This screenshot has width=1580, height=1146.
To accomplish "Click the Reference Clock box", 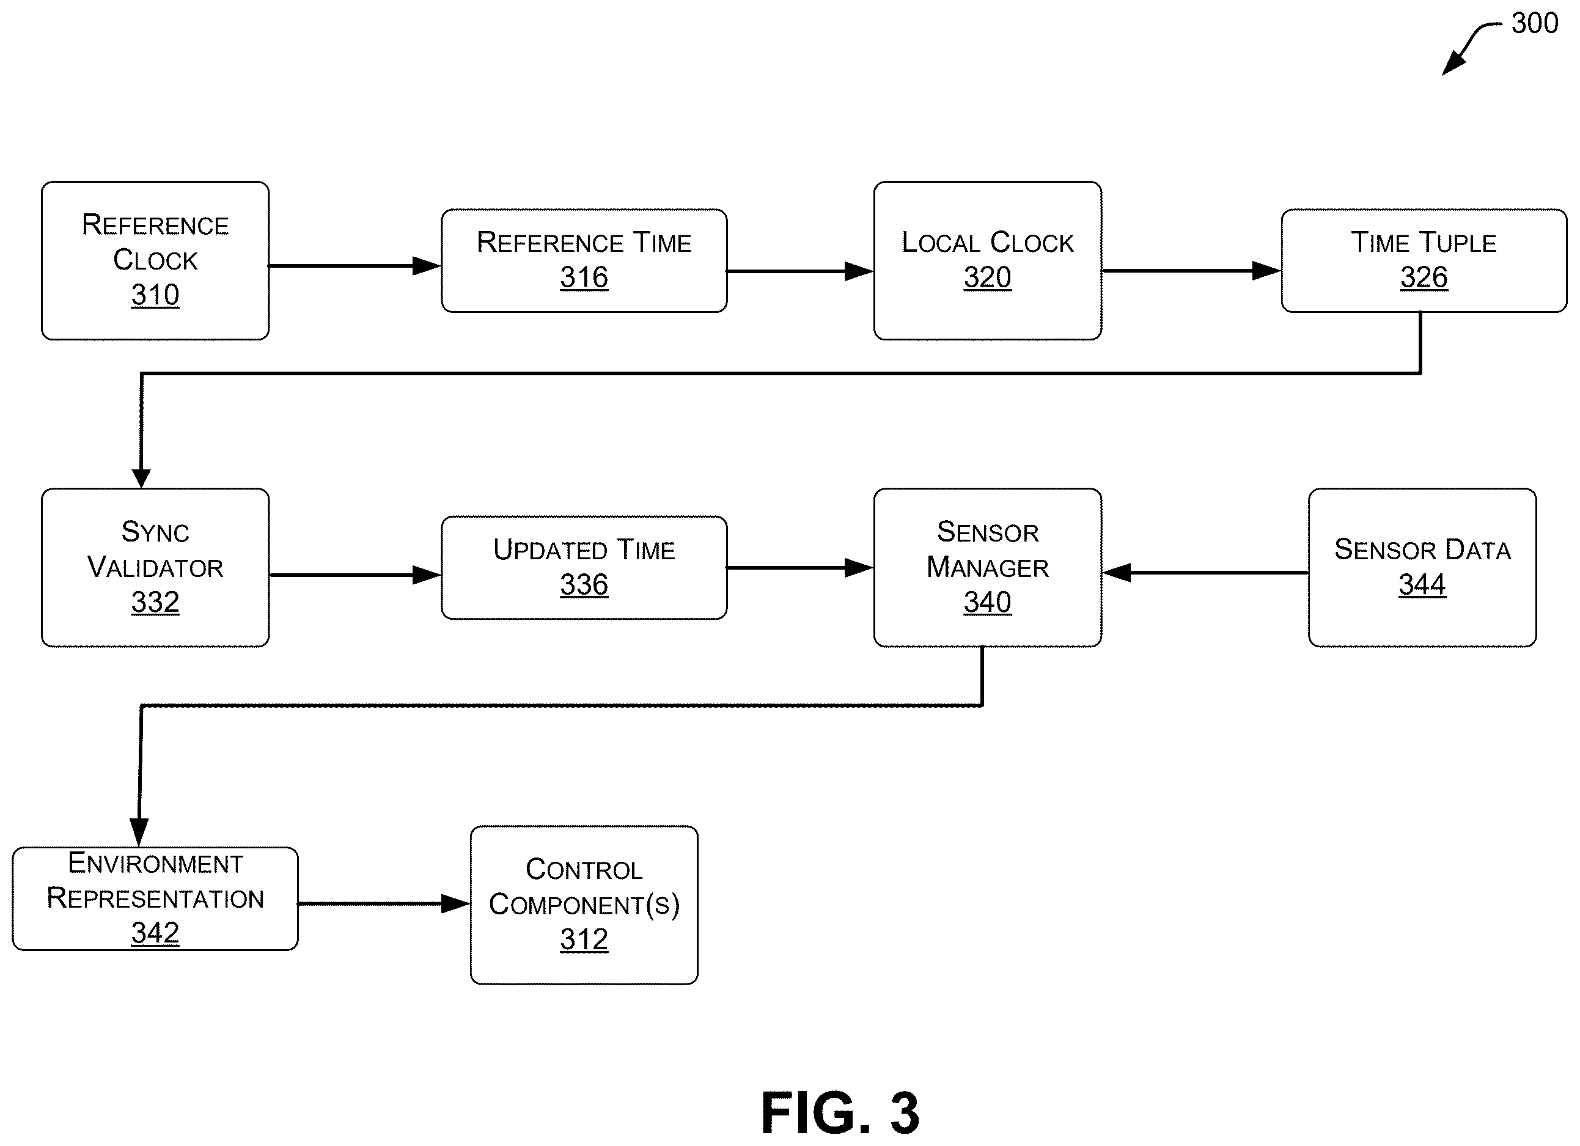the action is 155,260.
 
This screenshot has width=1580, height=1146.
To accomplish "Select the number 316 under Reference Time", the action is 584,277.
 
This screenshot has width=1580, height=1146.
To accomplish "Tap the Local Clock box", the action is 987,260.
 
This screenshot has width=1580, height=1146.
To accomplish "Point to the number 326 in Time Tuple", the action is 1424,277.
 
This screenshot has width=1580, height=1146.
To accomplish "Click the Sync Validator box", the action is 155,567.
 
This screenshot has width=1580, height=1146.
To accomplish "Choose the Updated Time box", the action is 584,567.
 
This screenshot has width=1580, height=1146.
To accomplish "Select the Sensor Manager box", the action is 987,567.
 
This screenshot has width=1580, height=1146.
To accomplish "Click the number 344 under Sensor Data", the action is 1422,584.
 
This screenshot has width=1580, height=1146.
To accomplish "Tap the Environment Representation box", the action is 155,898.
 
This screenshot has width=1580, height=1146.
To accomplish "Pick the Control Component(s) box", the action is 584,905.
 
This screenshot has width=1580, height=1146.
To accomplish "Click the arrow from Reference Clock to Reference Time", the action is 355,265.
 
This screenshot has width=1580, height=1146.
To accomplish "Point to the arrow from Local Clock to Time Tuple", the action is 1192,270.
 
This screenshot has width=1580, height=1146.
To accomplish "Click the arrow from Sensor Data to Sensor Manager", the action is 1205,573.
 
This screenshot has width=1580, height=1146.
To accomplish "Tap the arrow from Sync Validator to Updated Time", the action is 355,575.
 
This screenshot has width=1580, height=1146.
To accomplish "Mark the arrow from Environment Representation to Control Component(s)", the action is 384,903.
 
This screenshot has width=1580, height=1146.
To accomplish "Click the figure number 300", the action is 1535,23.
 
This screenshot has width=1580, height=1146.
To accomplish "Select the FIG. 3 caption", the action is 840,1112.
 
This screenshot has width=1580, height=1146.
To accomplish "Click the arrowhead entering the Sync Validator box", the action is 141,479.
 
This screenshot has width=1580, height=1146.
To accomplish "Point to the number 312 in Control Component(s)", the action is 584,939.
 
